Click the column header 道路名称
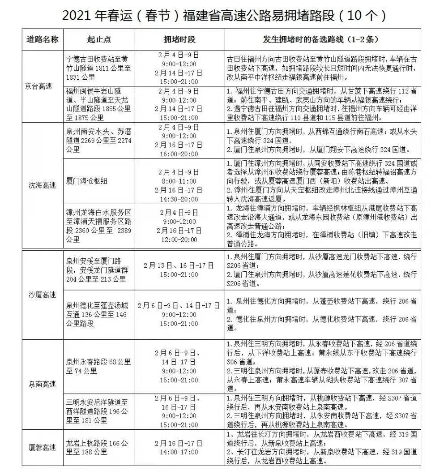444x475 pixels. (43, 39)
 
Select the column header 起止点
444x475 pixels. (99, 39)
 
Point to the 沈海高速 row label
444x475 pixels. (43, 185)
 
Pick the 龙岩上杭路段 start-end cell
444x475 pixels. (97, 447)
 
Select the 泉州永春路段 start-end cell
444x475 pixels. (98, 366)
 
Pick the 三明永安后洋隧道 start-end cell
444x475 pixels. (97, 411)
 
